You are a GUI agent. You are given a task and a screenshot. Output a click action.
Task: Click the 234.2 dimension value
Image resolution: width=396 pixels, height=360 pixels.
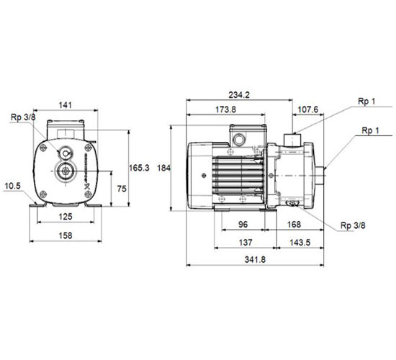coord(239,95)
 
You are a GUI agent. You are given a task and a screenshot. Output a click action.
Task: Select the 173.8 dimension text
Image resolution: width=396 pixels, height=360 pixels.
coord(225,109)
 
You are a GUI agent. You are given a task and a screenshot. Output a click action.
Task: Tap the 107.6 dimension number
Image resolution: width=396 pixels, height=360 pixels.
coord(308,109)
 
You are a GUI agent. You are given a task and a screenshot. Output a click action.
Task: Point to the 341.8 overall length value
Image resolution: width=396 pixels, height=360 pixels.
coord(255,259)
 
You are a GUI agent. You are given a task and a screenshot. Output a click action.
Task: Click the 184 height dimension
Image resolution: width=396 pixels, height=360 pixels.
coord(164,168)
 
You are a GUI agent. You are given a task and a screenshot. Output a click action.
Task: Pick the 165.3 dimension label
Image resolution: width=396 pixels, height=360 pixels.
coord(139,168)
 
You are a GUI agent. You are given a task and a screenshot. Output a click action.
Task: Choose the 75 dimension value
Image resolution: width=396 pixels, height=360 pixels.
coord(122,189)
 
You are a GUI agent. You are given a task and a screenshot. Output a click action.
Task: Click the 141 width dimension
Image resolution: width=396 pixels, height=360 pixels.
coord(65,105)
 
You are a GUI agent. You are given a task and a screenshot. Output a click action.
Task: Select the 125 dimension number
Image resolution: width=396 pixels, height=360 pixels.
coord(66,217)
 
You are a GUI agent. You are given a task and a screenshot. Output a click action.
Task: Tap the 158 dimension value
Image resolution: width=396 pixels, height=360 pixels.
coord(66,235)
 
